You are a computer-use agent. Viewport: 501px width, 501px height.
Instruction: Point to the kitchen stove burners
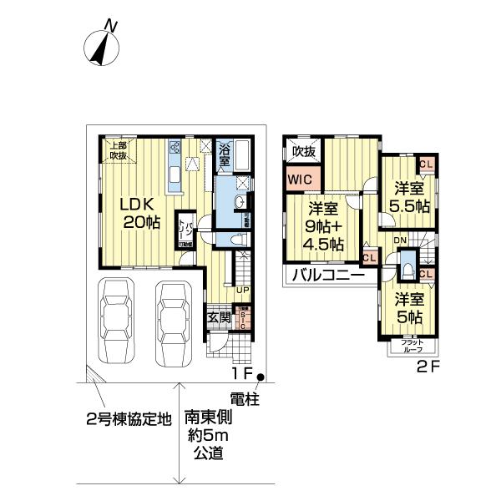(175, 149)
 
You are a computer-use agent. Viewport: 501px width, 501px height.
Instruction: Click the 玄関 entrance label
(219, 317)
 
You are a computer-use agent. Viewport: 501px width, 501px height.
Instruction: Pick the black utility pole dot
(261, 377)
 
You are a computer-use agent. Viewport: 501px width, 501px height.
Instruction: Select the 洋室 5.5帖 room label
(408, 196)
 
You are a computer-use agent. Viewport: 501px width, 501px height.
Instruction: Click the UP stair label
(241, 290)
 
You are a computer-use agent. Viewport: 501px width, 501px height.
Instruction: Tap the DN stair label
(400, 240)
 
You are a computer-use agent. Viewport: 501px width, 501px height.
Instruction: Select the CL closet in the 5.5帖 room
(426, 164)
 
